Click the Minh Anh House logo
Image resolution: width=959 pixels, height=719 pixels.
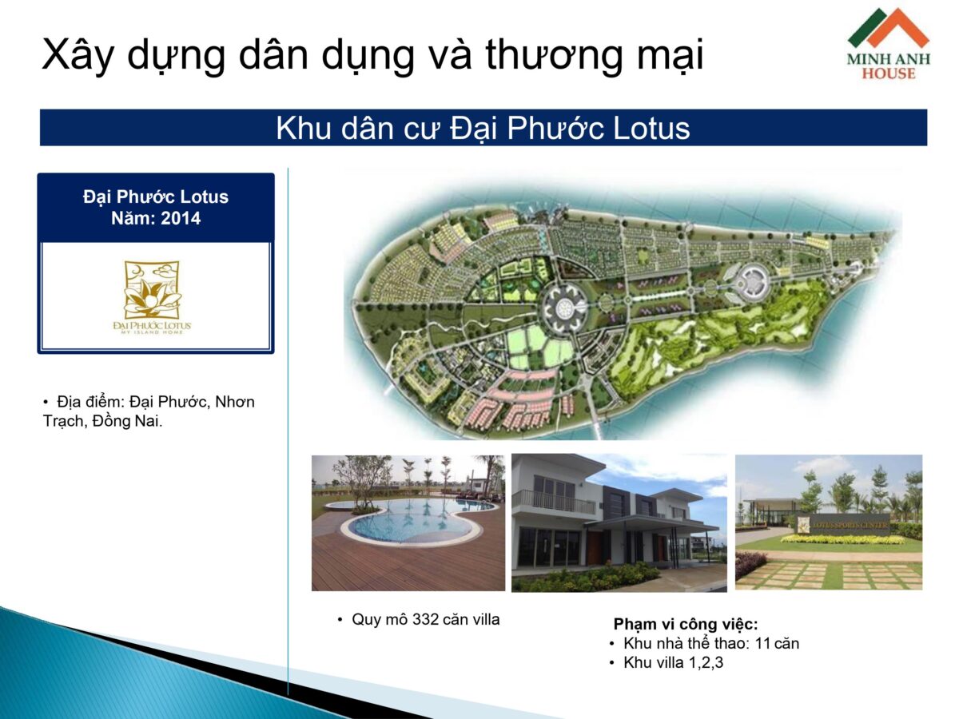click(x=889, y=44)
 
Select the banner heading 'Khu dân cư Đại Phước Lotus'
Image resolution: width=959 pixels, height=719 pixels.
click(x=483, y=128)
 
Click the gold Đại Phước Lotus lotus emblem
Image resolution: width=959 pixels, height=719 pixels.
click(x=152, y=291)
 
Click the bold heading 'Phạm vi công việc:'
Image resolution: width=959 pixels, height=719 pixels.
click(x=686, y=624)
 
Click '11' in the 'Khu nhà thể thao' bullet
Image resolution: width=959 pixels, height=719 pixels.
click(x=763, y=643)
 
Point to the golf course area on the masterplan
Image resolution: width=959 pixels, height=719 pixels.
click(x=719, y=336)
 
